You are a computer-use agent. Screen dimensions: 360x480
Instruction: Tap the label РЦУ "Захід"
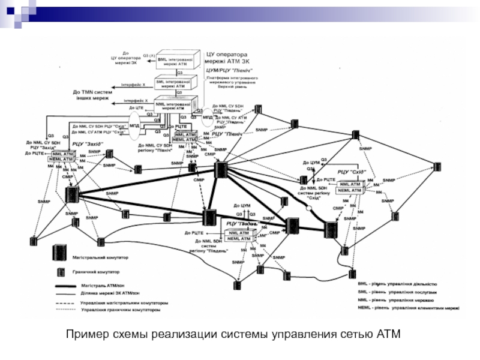(88, 144)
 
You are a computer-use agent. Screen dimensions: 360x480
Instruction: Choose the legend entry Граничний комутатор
(96, 271)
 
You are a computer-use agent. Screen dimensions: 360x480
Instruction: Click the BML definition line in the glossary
(401, 283)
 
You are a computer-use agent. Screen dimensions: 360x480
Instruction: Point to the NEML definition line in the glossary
(408, 308)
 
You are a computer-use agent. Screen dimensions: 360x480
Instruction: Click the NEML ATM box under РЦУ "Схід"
(349, 190)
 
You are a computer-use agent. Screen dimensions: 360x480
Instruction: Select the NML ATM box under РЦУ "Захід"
(62, 154)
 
